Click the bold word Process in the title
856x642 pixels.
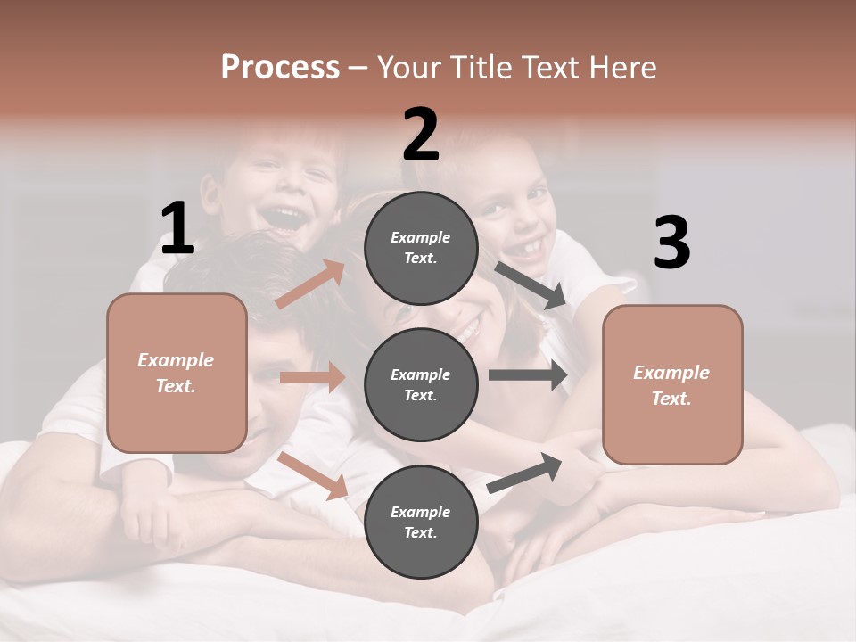pos(280,68)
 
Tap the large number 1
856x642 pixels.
pos(177,229)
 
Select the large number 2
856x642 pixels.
pos(421,135)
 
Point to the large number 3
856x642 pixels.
pos(672,243)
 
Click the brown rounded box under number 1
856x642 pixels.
pos(177,373)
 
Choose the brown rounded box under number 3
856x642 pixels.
pos(672,384)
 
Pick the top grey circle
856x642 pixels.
pos(421,247)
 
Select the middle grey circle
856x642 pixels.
pos(421,384)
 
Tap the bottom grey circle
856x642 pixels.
pos(421,522)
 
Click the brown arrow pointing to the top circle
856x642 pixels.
pos(310,284)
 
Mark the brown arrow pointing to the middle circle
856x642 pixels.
pos(312,377)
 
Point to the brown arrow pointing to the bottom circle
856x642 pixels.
pos(313,474)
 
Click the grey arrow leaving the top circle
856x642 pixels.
pos(531,285)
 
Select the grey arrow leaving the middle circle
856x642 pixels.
pos(527,375)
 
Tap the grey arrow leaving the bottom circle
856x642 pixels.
pos(524,473)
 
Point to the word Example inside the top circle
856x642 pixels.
pos(421,237)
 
